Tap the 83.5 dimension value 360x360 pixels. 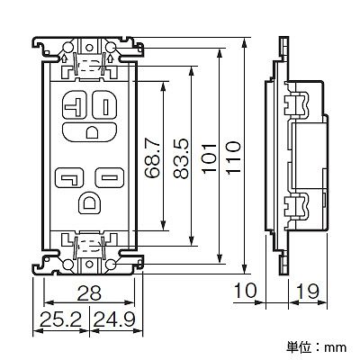[x=181, y=158]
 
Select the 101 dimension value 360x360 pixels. [x=209, y=158]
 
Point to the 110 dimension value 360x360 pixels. [x=234, y=158]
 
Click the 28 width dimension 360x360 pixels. [x=89, y=293]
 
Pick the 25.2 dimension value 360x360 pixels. [x=60, y=319]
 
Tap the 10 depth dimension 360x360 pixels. [x=246, y=291]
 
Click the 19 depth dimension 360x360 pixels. [x=307, y=291]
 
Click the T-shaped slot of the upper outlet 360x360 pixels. [x=74, y=106]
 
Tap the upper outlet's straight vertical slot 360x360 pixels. [x=105, y=107]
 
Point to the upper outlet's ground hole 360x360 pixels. [x=91, y=132]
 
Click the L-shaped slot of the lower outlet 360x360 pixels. [x=70, y=178]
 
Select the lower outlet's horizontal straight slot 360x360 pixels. [x=110, y=178]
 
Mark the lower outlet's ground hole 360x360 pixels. [x=90, y=203]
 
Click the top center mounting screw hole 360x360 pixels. [x=89, y=48]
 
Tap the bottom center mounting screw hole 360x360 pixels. [x=89, y=265]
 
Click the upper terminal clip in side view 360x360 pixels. [x=296, y=105]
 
